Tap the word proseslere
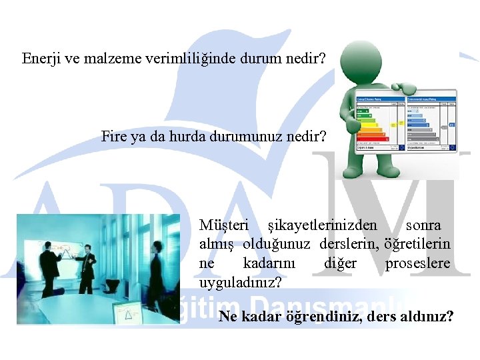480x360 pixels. [x=417, y=263]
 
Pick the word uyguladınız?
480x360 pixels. [x=240, y=282]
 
